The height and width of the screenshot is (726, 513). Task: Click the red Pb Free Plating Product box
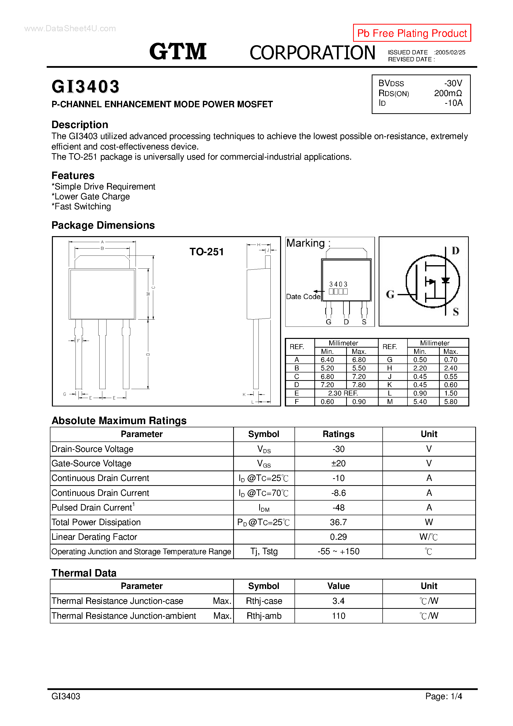click(x=411, y=33)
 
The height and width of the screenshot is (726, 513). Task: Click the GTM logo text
click(x=178, y=52)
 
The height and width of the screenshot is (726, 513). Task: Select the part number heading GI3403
click(x=85, y=87)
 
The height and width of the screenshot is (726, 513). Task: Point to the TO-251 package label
click(x=207, y=252)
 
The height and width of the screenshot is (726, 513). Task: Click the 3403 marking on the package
click(x=338, y=284)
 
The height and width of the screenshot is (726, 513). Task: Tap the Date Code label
click(x=303, y=297)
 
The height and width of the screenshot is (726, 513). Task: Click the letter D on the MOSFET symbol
click(x=455, y=251)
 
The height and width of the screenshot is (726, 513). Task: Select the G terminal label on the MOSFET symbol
click(x=390, y=294)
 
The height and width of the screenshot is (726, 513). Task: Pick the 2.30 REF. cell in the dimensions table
click(x=343, y=393)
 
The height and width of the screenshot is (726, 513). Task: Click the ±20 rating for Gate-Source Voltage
click(x=338, y=463)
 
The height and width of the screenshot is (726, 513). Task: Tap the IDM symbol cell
click(x=264, y=508)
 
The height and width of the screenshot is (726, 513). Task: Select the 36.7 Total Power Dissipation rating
click(x=338, y=522)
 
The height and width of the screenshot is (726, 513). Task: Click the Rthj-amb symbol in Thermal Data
click(x=264, y=616)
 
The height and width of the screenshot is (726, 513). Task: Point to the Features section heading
click(x=73, y=176)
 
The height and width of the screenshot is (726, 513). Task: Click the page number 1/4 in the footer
click(x=456, y=696)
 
